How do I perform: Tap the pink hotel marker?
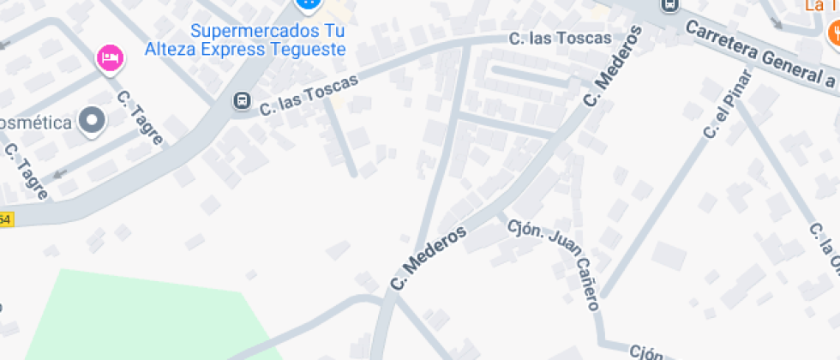click(x=110, y=58)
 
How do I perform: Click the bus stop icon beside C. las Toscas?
click(x=243, y=102)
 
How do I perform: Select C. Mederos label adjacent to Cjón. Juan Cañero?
click(x=428, y=258)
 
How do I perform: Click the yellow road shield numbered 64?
click(x=6, y=219)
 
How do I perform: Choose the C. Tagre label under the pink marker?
click(x=140, y=117)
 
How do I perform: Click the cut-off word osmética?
click(x=34, y=122)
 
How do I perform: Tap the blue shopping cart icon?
click(x=306, y=3)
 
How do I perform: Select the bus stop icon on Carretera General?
click(x=670, y=5)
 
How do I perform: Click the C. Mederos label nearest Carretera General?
click(x=612, y=67)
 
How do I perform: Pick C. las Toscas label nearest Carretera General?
click(x=560, y=38)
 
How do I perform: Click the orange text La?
click(x=814, y=6)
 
